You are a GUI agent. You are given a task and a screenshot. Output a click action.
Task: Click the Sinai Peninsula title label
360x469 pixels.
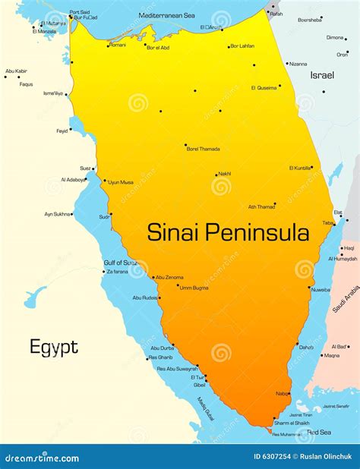pos(228,231)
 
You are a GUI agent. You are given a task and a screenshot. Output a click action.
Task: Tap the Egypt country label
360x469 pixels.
pos(53,348)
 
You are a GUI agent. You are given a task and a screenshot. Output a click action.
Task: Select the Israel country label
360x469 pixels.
pos(322,75)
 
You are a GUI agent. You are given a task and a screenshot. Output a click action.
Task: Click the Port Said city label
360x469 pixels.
pos(79,12)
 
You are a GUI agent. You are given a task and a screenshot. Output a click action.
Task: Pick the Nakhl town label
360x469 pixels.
pos(224,174)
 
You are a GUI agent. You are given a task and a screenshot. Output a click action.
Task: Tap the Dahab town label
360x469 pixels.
pos(306,348)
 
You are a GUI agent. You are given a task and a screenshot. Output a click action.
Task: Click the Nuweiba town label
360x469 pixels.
pos(320,289)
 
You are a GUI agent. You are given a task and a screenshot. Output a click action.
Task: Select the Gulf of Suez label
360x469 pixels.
pos(121,262)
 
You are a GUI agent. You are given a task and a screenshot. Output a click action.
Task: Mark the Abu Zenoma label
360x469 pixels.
pos(169,277)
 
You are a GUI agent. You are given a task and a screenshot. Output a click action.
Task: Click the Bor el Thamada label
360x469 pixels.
pos(203,149)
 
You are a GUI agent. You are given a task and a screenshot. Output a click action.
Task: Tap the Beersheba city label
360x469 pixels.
pos(310,20)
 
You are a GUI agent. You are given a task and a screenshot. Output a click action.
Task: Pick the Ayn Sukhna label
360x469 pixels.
pos(58,214)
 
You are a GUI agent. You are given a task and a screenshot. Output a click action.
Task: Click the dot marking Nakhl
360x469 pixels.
pos(216,175)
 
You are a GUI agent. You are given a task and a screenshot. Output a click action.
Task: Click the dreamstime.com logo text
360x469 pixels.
pos(42,458)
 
